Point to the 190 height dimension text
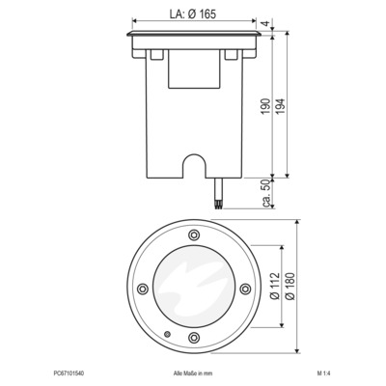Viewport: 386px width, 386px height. [265, 106]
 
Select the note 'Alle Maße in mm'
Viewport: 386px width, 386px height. [192, 371]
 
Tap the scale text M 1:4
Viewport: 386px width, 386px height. [324, 371]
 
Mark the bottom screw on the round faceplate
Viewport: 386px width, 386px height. [193, 337]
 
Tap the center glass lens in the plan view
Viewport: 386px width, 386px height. [193, 288]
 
